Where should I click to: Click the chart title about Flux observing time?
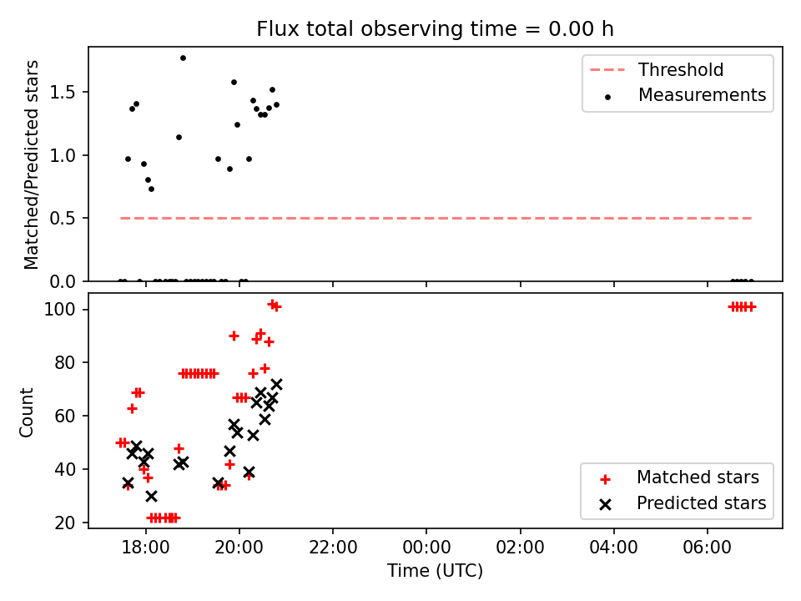coord(435,29)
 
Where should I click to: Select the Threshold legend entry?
coord(657,69)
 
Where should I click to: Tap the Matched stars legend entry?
coord(679,477)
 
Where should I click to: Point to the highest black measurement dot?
coord(183,58)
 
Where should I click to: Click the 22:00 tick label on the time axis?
coord(333,548)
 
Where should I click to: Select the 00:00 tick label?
coord(426,548)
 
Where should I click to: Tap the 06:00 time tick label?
coord(707,548)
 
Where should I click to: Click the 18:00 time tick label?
coord(145,548)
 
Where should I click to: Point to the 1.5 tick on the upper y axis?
coord(63,93)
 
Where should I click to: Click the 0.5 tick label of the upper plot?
coord(63,219)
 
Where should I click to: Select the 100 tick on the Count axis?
coord(59,310)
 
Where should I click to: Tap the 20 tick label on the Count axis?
coord(64,523)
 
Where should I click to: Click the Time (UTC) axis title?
coord(435,571)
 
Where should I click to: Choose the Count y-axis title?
coord(26,412)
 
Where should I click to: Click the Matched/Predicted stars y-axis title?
coord(31,164)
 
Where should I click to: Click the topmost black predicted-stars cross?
coord(276,384)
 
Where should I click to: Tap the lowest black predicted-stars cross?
coord(151,496)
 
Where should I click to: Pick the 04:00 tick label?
coord(613,548)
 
